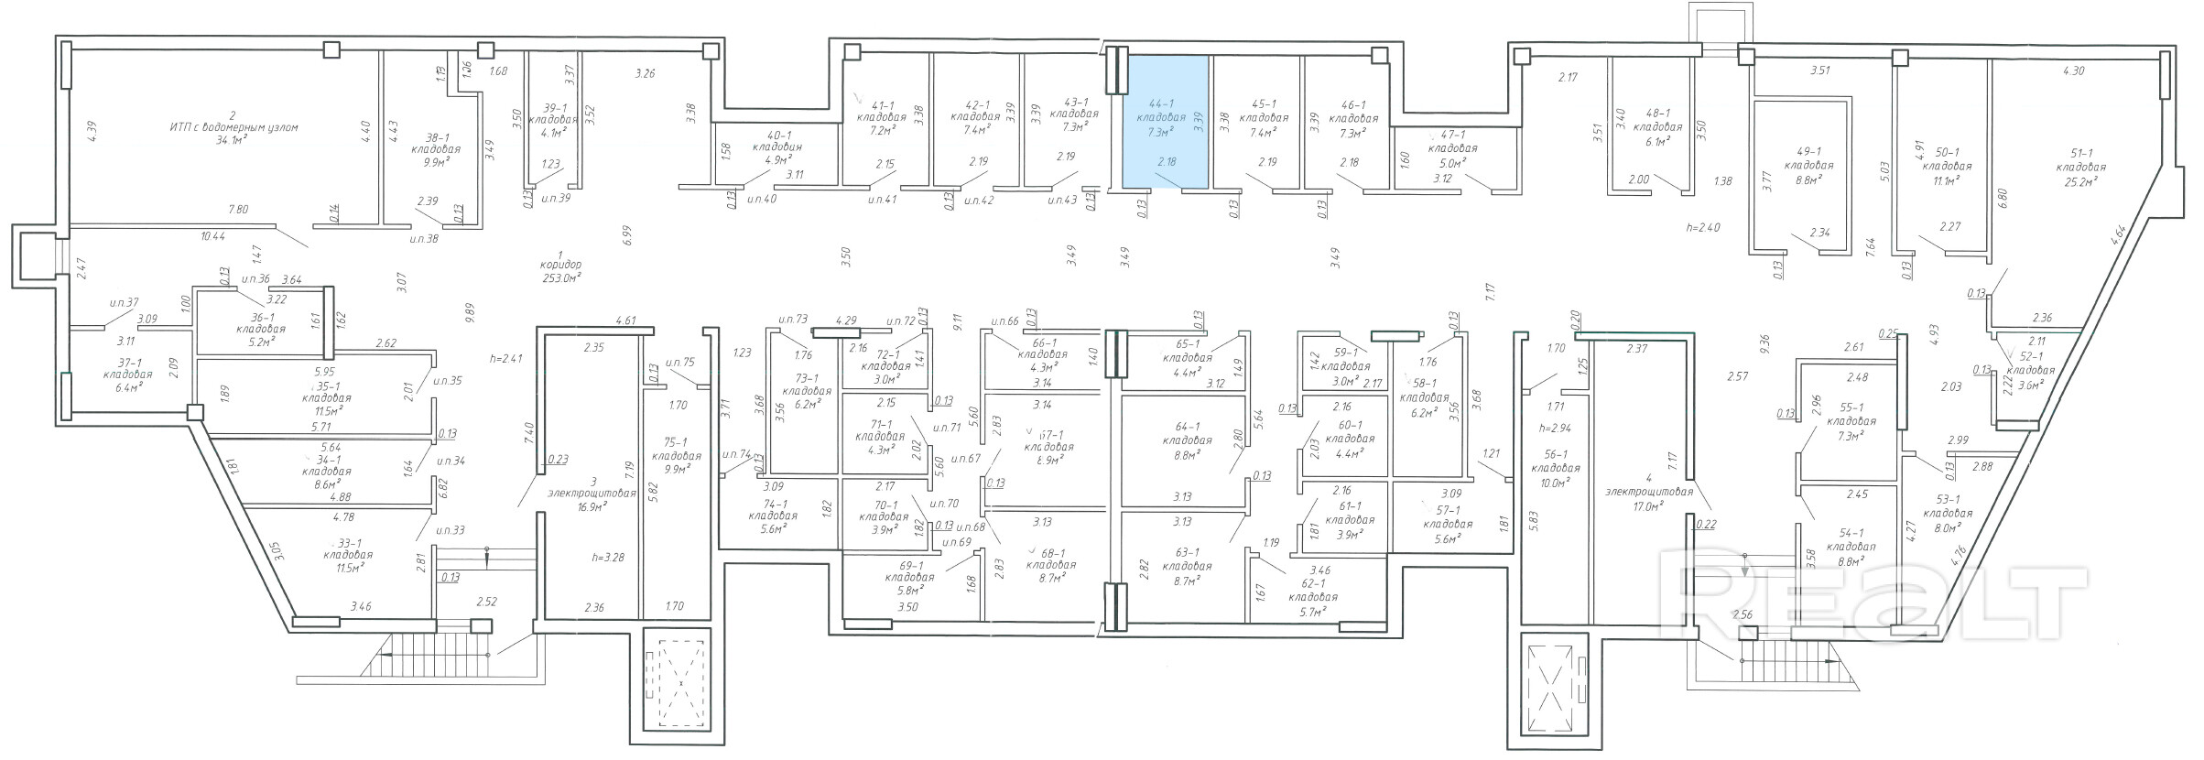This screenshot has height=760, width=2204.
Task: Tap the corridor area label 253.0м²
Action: [x=561, y=277]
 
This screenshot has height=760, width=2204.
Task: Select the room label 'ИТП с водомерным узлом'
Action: [x=233, y=127]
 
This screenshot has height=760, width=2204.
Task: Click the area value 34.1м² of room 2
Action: [x=233, y=140]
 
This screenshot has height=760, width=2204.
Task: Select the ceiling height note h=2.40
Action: [x=1703, y=227]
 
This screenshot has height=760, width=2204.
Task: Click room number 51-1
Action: [x=2080, y=154]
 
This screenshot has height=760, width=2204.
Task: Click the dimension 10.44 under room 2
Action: [x=212, y=236]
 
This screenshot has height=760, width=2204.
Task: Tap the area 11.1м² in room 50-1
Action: [x=1946, y=180]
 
